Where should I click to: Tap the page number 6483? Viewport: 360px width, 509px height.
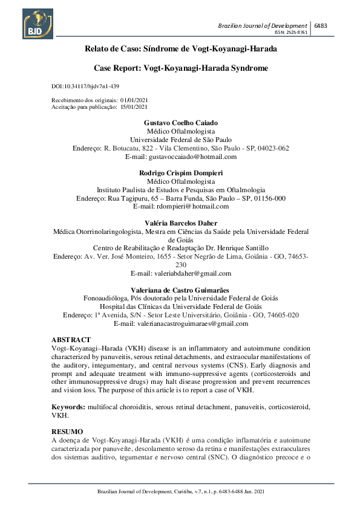pyautogui.click(x=321, y=25)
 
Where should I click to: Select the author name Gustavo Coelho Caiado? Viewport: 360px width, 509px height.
pyautogui.click(x=180, y=123)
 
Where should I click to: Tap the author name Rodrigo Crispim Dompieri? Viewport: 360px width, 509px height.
pyautogui.click(x=180, y=172)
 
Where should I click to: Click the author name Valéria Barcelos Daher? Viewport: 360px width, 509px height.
pyautogui.click(x=180, y=223)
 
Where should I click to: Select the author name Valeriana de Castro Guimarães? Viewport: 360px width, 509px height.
pyautogui.click(x=180, y=290)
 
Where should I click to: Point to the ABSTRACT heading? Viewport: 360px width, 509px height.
pyautogui.click(x=71, y=340)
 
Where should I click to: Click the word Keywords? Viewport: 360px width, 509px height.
pyautogui.click(x=68, y=407)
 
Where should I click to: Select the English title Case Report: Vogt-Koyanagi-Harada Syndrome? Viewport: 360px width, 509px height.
pyautogui.click(x=180, y=68)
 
